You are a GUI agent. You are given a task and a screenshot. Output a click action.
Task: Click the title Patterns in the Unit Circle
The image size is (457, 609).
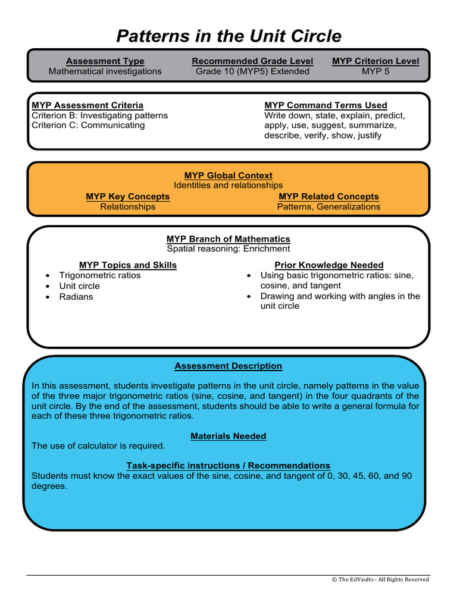click(228, 36)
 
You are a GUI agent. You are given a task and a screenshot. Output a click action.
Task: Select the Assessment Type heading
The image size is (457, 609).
click(105, 61)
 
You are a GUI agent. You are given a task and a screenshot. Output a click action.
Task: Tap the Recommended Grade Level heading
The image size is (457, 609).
click(252, 61)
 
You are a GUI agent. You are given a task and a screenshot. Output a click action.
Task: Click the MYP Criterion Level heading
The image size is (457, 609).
click(375, 61)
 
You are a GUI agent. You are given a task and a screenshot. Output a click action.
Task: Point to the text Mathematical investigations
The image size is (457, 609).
click(105, 71)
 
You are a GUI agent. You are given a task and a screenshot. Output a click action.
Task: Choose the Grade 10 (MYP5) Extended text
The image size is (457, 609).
click(252, 71)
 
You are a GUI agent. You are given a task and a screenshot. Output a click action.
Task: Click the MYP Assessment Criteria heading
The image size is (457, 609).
click(87, 105)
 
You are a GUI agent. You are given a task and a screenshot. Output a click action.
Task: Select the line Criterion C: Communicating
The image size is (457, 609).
click(88, 125)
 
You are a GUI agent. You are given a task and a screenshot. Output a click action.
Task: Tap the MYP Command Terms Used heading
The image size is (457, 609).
click(325, 105)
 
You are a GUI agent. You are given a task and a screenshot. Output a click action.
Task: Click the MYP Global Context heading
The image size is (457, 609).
click(228, 175)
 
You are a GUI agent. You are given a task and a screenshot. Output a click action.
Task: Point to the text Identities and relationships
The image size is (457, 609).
click(228, 186)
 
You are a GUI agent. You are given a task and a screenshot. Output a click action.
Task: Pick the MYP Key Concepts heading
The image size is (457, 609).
click(127, 196)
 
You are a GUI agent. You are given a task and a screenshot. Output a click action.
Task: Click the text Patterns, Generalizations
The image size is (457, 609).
click(328, 207)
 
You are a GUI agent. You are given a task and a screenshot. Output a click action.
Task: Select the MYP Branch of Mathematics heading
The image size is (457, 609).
click(228, 238)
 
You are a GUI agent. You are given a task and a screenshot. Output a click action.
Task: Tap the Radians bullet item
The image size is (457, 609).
click(76, 297)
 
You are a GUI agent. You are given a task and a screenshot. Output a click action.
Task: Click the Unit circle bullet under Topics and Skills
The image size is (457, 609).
click(79, 286)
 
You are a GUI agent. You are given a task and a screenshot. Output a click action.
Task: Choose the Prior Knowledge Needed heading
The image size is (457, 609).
click(328, 265)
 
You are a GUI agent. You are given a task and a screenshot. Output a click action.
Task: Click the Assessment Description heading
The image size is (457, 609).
click(228, 366)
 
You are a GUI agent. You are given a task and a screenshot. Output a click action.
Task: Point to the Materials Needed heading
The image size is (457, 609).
click(228, 436)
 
